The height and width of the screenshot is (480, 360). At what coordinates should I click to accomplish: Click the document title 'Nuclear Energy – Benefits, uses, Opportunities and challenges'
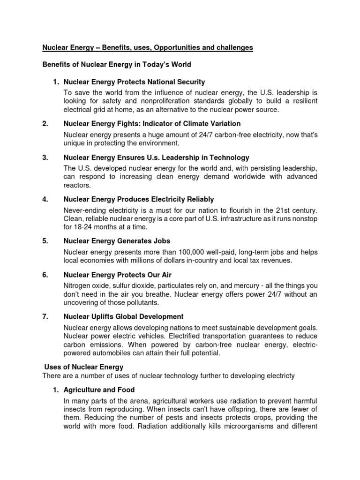pos(148,47)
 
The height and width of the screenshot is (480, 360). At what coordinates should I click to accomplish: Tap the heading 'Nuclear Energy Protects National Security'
pos(134,82)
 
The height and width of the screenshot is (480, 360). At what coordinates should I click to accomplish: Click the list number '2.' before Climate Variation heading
pos(45,123)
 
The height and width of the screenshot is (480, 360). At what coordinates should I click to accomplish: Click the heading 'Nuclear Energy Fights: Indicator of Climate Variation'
pos(152,123)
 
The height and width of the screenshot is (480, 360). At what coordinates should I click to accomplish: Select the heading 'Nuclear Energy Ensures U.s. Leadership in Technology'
pos(156,157)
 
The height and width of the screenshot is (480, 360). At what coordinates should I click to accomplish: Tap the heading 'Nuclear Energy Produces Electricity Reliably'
pos(138,199)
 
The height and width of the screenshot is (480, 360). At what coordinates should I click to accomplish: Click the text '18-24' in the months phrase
pos(82,227)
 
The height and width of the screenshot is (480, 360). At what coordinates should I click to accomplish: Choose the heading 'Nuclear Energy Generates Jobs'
pos(117,241)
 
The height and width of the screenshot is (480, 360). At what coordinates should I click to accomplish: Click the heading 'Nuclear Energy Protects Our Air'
pos(121,275)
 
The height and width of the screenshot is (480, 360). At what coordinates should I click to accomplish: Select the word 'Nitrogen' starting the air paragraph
pos(77,285)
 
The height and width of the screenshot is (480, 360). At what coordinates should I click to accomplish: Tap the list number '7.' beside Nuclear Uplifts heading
pos(45,316)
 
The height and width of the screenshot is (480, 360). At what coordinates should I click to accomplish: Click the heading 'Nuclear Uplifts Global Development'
pos(123,316)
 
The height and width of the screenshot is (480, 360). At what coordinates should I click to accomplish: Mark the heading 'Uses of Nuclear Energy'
pos(83,367)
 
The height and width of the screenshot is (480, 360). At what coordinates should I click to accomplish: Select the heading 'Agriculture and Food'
pos(99,390)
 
